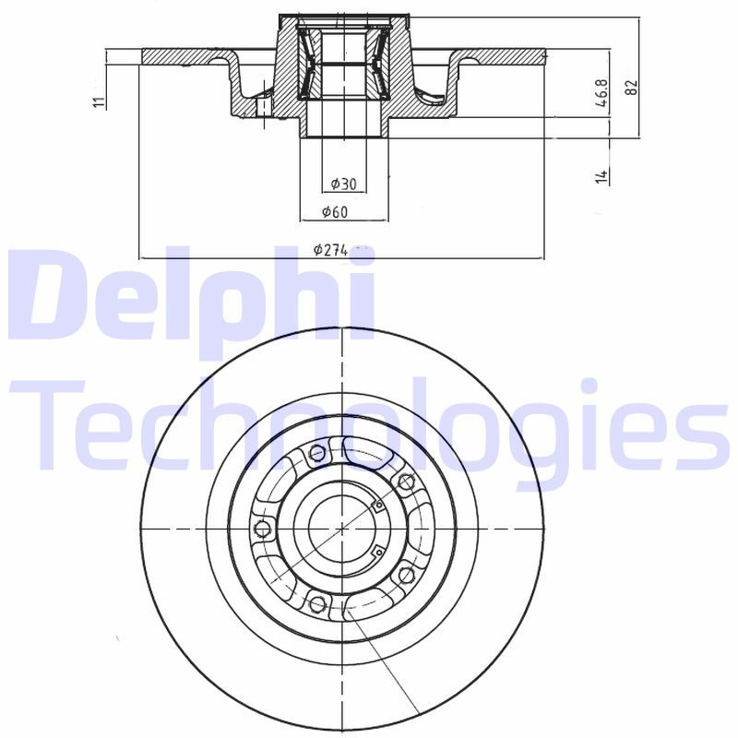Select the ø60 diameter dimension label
pyautogui.click(x=334, y=212)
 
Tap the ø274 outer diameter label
pyautogui.click(x=329, y=249)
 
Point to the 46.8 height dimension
pyautogui.click(x=602, y=94)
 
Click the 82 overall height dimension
pyautogui.click(x=631, y=87)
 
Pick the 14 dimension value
pyautogui.click(x=601, y=175)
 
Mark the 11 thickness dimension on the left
pyautogui.click(x=99, y=101)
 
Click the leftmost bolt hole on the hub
pyautogui.click(x=261, y=529)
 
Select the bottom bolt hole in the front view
pyautogui.click(x=318, y=604)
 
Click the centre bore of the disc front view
pyautogui.click(x=342, y=529)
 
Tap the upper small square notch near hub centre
pyautogui.click(x=377, y=504)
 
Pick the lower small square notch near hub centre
pyautogui.click(x=377, y=553)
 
